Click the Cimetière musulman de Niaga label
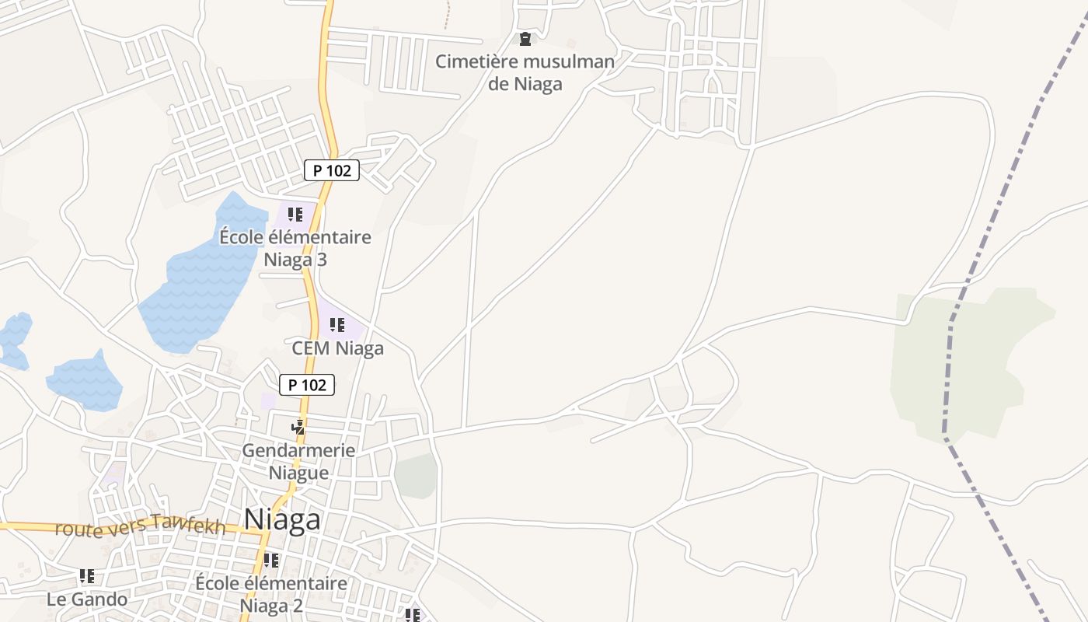click(525, 72)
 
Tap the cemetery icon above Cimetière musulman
click(525, 38)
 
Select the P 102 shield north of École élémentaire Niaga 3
click(332, 170)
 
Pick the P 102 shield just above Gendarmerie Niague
click(307, 384)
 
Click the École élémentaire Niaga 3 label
click(295, 248)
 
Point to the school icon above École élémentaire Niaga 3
click(295, 215)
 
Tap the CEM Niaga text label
click(337, 348)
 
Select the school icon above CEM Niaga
click(337, 325)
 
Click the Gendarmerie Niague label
click(298, 461)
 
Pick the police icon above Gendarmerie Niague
click(298, 427)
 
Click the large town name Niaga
click(282, 519)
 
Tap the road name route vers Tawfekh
click(141, 527)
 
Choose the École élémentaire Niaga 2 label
click(270, 593)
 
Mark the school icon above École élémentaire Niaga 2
click(270, 560)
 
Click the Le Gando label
click(87, 599)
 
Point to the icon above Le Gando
click(87, 576)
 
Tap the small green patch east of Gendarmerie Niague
click(416, 475)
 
